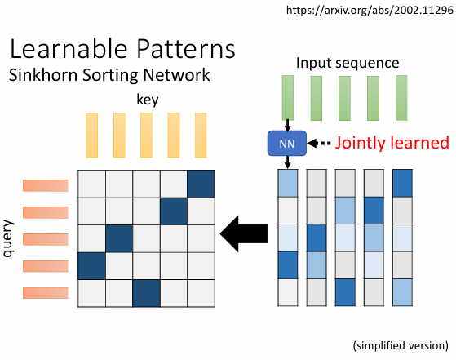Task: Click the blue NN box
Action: point(287,143)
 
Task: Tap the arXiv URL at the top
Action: point(370,10)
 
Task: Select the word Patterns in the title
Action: point(185,49)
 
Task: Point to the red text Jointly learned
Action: point(392,143)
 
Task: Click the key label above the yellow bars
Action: point(148,100)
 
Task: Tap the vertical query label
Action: point(8,238)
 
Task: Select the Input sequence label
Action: point(348,63)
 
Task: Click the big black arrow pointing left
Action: point(244,233)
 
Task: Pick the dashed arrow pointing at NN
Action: point(319,143)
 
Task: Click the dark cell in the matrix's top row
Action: point(201,184)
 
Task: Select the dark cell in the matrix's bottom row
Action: point(146,293)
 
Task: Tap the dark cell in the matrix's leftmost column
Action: point(91,266)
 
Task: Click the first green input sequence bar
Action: point(288,98)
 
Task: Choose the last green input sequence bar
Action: point(401,98)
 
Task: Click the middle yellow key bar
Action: point(146,136)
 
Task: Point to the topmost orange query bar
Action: point(46,185)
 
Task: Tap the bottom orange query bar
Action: point(46,293)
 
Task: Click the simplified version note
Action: point(401,346)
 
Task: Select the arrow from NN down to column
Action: point(287,162)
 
